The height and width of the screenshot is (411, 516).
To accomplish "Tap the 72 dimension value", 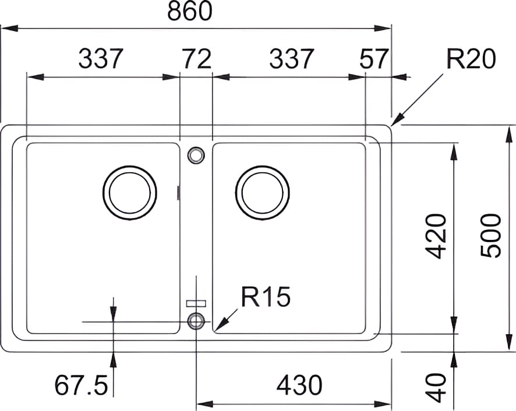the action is pyautogui.click(x=197, y=59).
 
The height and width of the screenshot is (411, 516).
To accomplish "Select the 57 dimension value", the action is pyautogui.click(x=374, y=59).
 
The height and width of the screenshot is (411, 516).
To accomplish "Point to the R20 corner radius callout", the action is pyautogui.click(x=471, y=59).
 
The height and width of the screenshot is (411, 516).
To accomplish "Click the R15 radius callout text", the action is pyautogui.click(x=266, y=296).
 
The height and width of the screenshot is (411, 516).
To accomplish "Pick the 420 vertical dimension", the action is pyautogui.click(x=436, y=236).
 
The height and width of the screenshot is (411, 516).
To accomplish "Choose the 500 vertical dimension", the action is pyautogui.click(x=490, y=236).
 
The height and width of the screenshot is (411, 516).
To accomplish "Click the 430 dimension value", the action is pyautogui.click(x=299, y=385).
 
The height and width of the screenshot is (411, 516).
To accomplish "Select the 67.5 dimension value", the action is pyautogui.click(x=81, y=385).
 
